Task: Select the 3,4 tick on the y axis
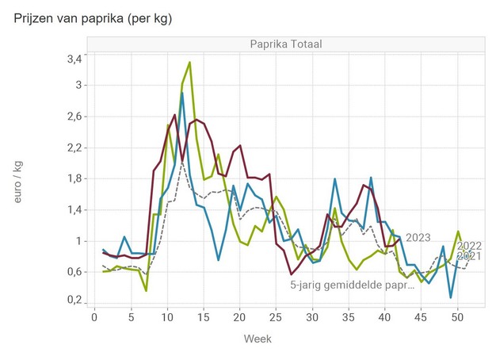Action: [x=74, y=59]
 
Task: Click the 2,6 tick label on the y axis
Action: [x=74, y=117]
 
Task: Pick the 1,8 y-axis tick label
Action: [x=74, y=178]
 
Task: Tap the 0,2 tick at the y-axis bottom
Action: [x=74, y=301]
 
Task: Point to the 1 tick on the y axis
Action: [x=78, y=241]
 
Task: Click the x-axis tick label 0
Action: [x=88, y=318]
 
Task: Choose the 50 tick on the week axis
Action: [x=457, y=318]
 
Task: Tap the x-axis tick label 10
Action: [x=167, y=318]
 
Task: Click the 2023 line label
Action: [x=418, y=237]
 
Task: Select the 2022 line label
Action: [x=470, y=246]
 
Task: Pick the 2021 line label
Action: [x=470, y=255]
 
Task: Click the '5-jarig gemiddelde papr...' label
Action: [x=352, y=285]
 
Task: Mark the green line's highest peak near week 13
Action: [x=189, y=62]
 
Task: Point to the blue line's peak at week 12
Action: [x=181, y=93]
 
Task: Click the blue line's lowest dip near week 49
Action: [x=451, y=297]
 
